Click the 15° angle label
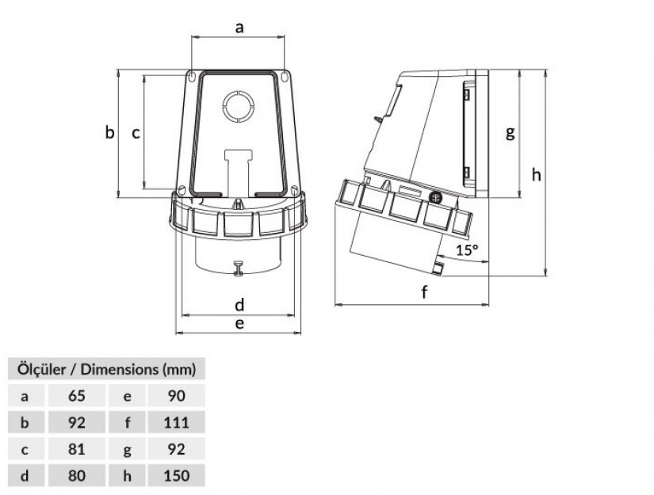coord(467,249)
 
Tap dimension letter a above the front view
coord(239,28)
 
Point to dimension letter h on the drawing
coord(536,174)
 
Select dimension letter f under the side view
coord(424,291)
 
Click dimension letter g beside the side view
coord(510,133)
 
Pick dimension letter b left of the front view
coord(109,131)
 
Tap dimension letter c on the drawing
coord(136,133)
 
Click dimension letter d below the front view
coord(239,305)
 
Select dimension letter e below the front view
coord(239,323)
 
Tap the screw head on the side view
coord(435,197)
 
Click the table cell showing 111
coord(177,422)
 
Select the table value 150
coord(177,475)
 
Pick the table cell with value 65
coord(77,395)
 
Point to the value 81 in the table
coord(77,449)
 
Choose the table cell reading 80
coord(77,475)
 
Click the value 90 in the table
coord(177,395)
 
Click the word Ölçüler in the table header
coord(41,369)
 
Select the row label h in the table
coord(127,475)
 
